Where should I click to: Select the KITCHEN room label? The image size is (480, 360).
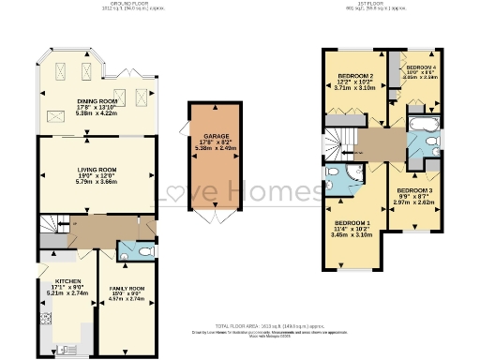coord(67,280)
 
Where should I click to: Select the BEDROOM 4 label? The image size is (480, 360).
coord(420,68)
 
